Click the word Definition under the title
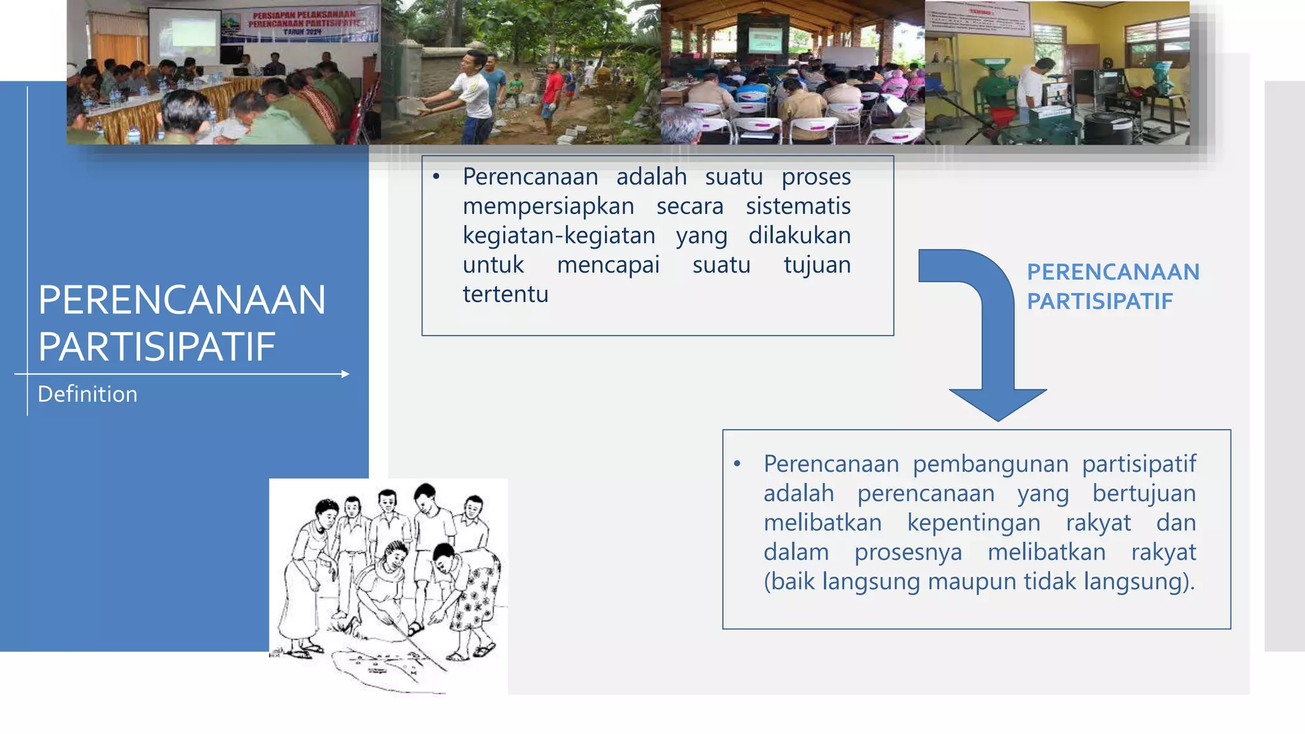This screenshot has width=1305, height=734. pyautogui.click(x=87, y=394)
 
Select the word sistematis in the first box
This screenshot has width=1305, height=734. pyautogui.click(x=798, y=206)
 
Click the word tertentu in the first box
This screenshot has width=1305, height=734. pyautogui.click(x=505, y=294)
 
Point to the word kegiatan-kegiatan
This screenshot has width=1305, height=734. pyautogui.click(x=559, y=236)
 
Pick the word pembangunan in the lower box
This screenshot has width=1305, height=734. pyautogui.click(x=990, y=464)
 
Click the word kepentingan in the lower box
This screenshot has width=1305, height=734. pyautogui.click(x=974, y=522)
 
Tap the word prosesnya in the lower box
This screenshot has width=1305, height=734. pyautogui.click(x=908, y=552)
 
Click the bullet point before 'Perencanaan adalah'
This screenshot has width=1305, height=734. pyautogui.click(x=436, y=177)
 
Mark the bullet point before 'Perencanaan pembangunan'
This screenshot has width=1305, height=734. pyautogui.click(x=737, y=464)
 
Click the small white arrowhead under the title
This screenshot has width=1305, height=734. pyautogui.click(x=345, y=374)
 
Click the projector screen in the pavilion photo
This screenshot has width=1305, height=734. pyautogui.click(x=765, y=40)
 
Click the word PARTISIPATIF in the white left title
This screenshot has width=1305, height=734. pyautogui.click(x=156, y=347)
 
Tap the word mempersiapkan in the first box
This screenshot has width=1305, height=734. pyautogui.click(x=548, y=206)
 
